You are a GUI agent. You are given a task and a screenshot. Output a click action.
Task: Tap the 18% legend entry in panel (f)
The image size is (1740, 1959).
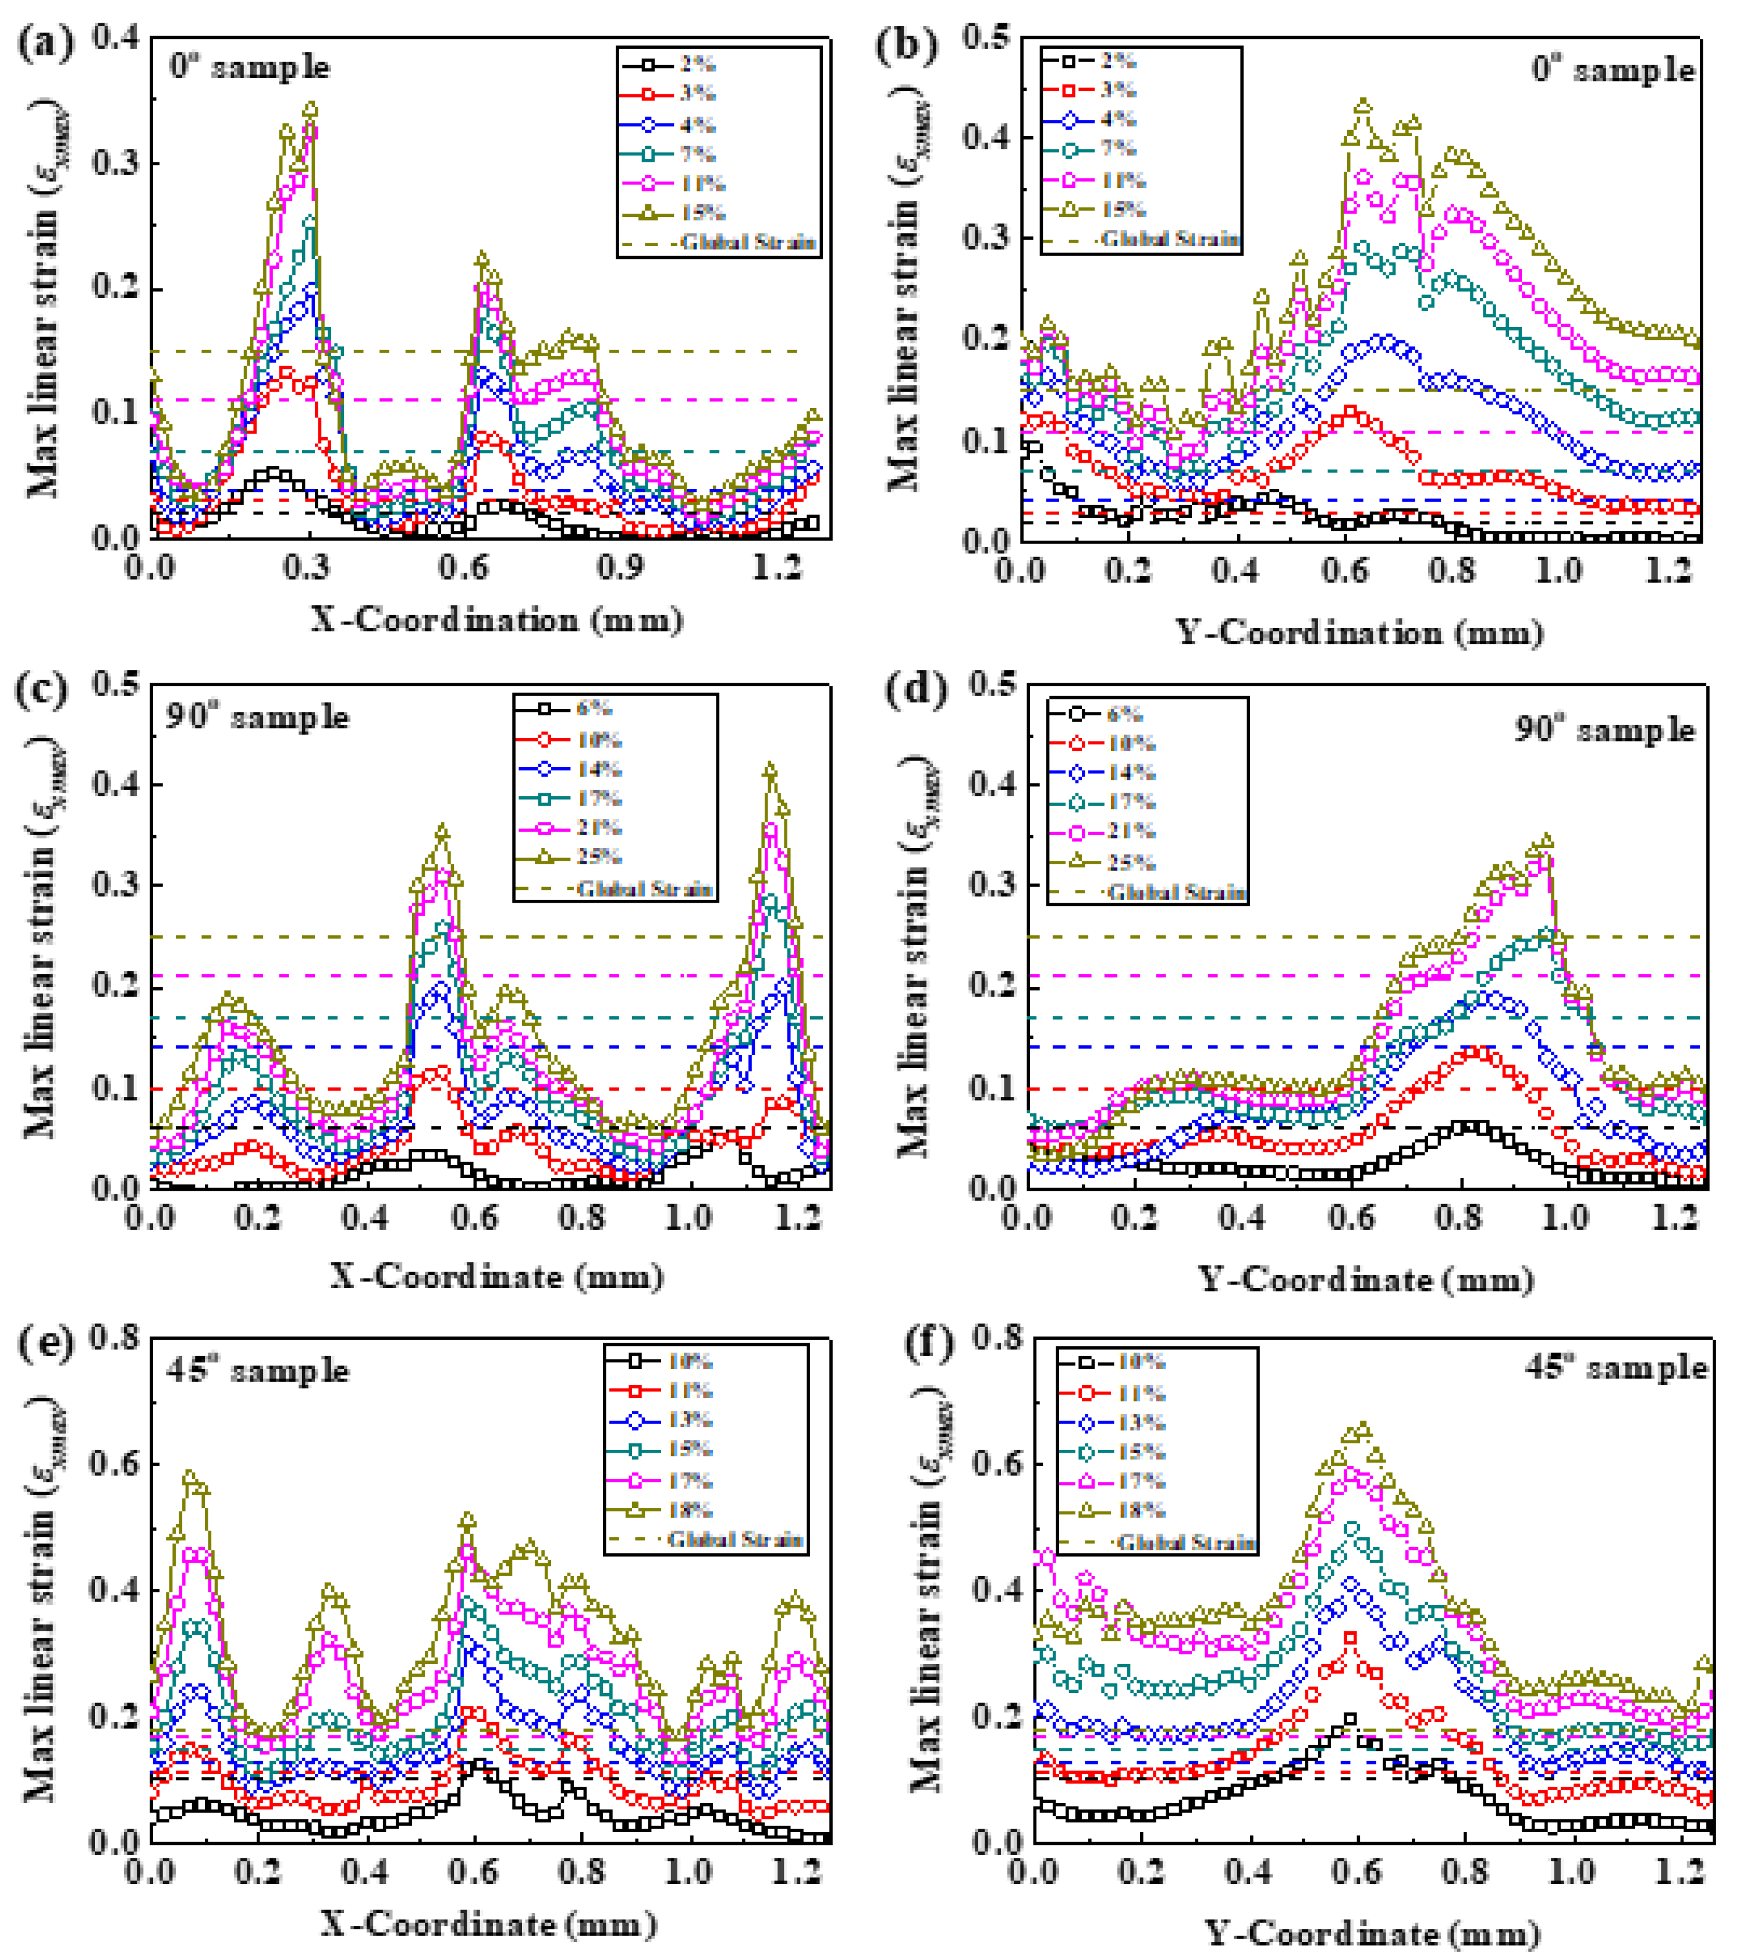point(1139,1510)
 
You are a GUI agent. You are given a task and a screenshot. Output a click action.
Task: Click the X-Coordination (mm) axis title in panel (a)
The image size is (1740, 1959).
point(496,620)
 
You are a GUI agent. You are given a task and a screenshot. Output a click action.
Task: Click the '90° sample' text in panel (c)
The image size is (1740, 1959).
point(257,717)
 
